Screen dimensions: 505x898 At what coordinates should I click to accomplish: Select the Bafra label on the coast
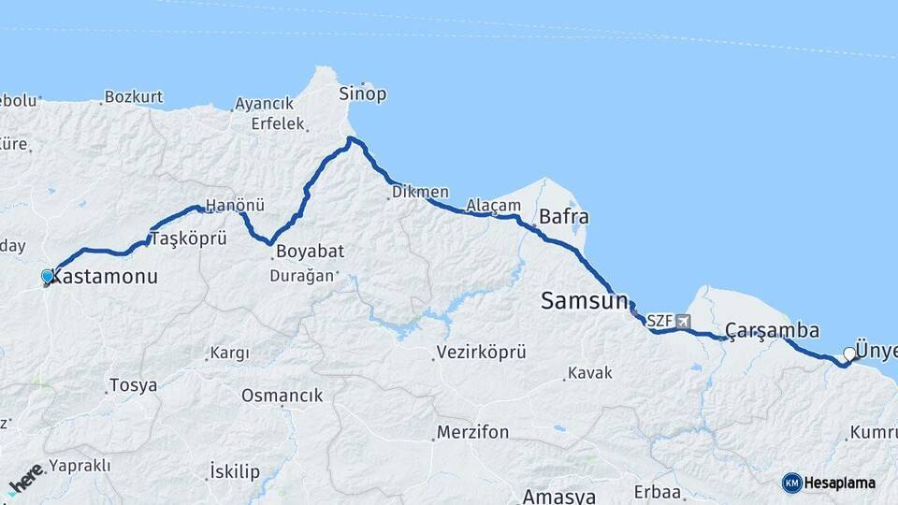tap(563, 217)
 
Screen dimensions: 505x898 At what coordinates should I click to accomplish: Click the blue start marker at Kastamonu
tap(47, 277)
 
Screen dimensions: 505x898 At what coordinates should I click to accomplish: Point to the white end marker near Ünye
tap(848, 353)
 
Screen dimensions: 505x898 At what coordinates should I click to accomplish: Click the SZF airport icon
tap(683, 321)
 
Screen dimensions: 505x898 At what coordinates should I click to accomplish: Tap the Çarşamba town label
tap(773, 331)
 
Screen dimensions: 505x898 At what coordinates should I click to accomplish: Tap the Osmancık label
tap(282, 396)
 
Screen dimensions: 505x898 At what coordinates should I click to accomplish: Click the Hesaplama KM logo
tap(829, 483)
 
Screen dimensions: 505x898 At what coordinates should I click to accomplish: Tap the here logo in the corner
tap(26, 477)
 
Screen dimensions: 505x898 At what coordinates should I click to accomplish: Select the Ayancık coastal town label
tap(265, 103)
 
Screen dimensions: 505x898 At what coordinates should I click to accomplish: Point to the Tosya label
tap(133, 385)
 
